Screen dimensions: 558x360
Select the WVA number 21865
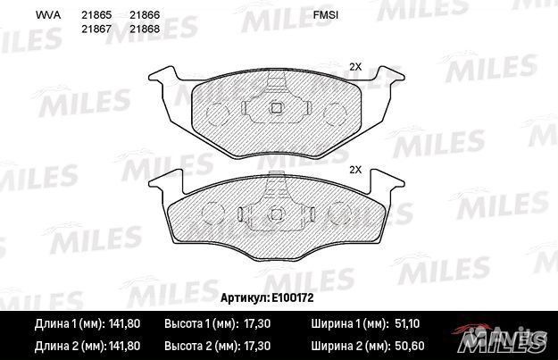point(96,15)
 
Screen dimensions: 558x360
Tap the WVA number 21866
point(145,15)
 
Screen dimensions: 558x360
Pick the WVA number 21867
point(96,29)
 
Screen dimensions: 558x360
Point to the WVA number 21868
point(145,29)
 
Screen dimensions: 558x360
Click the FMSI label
point(325,15)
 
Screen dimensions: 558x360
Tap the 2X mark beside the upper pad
point(355,67)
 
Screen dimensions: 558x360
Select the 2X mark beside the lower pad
point(355,170)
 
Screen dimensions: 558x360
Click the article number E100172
point(293,297)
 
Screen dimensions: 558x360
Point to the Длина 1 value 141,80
point(124,323)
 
